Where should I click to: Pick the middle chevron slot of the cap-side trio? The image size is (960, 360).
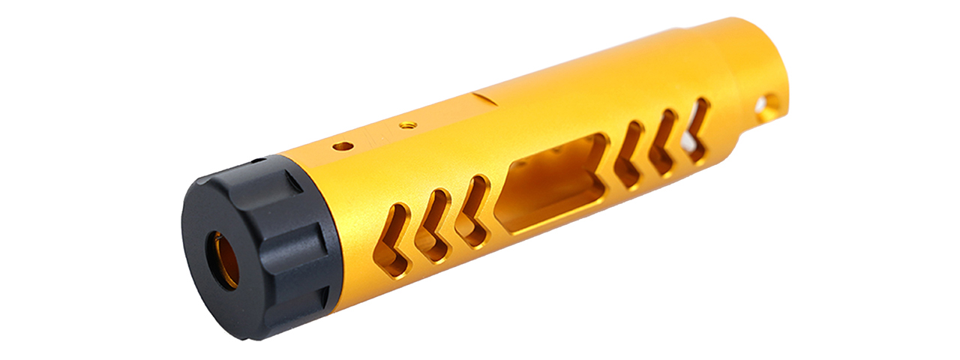(x=434, y=225)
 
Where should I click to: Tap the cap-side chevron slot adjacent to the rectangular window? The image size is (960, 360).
(x=474, y=211)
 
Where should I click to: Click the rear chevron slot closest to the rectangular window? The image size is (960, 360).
(x=628, y=153)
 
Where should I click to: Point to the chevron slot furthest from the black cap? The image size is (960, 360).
(x=697, y=129)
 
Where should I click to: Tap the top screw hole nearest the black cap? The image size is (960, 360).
(x=343, y=145)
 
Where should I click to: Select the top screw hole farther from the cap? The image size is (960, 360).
(x=408, y=125)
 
